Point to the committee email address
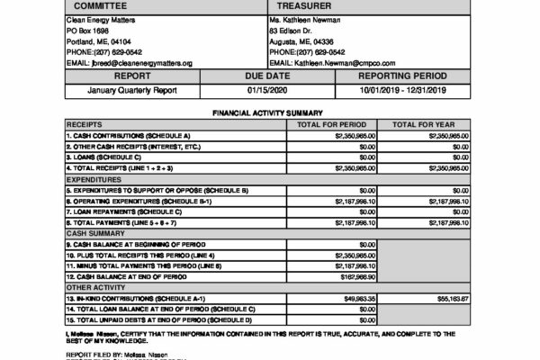[130, 63]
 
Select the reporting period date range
[402, 90]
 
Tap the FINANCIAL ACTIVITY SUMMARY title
[269, 113]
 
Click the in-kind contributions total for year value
[450, 297]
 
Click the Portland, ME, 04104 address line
[99, 41]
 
